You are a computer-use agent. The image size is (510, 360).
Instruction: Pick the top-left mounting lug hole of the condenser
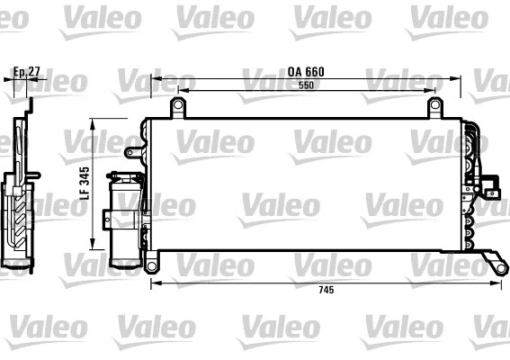tap(178, 107)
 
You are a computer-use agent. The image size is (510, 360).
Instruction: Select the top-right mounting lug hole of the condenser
tap(434, 107)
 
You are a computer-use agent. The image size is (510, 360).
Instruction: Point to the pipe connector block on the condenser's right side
tap(489, 188)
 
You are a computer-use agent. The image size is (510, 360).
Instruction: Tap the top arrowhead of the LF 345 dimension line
tap(96, 123)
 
